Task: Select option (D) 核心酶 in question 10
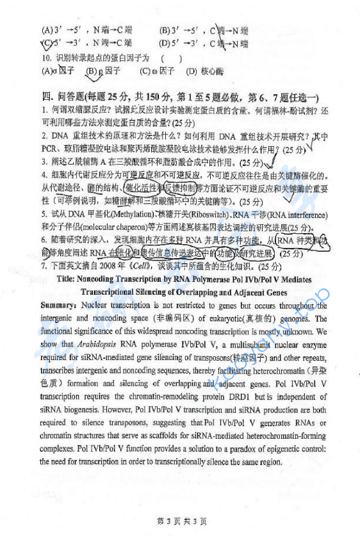(200, 72)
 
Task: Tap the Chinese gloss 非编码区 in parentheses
(168, 319)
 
